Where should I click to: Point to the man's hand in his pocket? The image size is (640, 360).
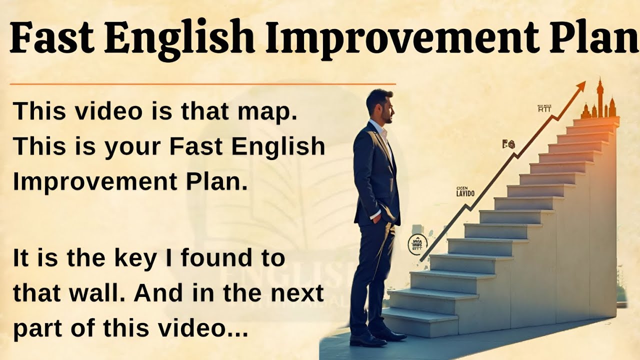click(376, 216)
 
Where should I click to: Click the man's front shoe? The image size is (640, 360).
click(367, 339)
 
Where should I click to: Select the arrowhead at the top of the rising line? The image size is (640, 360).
click(580, 87)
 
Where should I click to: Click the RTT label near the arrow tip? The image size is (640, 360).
click(544, 109)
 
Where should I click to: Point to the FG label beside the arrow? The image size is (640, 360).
click(508, 145)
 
